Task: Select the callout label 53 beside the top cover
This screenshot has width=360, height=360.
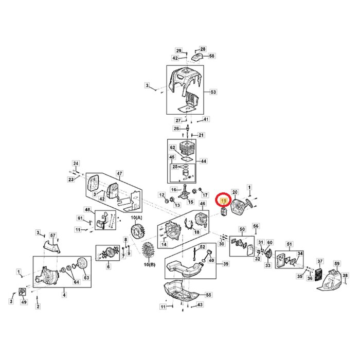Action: (213, 92)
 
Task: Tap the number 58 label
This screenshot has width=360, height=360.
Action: (211, 56)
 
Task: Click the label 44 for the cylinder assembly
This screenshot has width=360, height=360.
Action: (203, 161)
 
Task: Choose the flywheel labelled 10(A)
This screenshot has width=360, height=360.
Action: (136, 229)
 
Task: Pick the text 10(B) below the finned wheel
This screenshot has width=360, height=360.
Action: (150, 264)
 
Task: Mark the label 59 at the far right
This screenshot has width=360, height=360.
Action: (337, 263)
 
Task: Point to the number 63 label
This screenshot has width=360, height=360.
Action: (86, 278)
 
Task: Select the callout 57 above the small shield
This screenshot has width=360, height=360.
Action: (52, 235)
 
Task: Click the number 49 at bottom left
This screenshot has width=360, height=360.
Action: (24, 302)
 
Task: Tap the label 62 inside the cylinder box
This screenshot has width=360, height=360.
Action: (173, 147)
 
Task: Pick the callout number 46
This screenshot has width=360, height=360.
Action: (202, 204)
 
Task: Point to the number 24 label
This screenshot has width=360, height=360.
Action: (76, 164)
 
